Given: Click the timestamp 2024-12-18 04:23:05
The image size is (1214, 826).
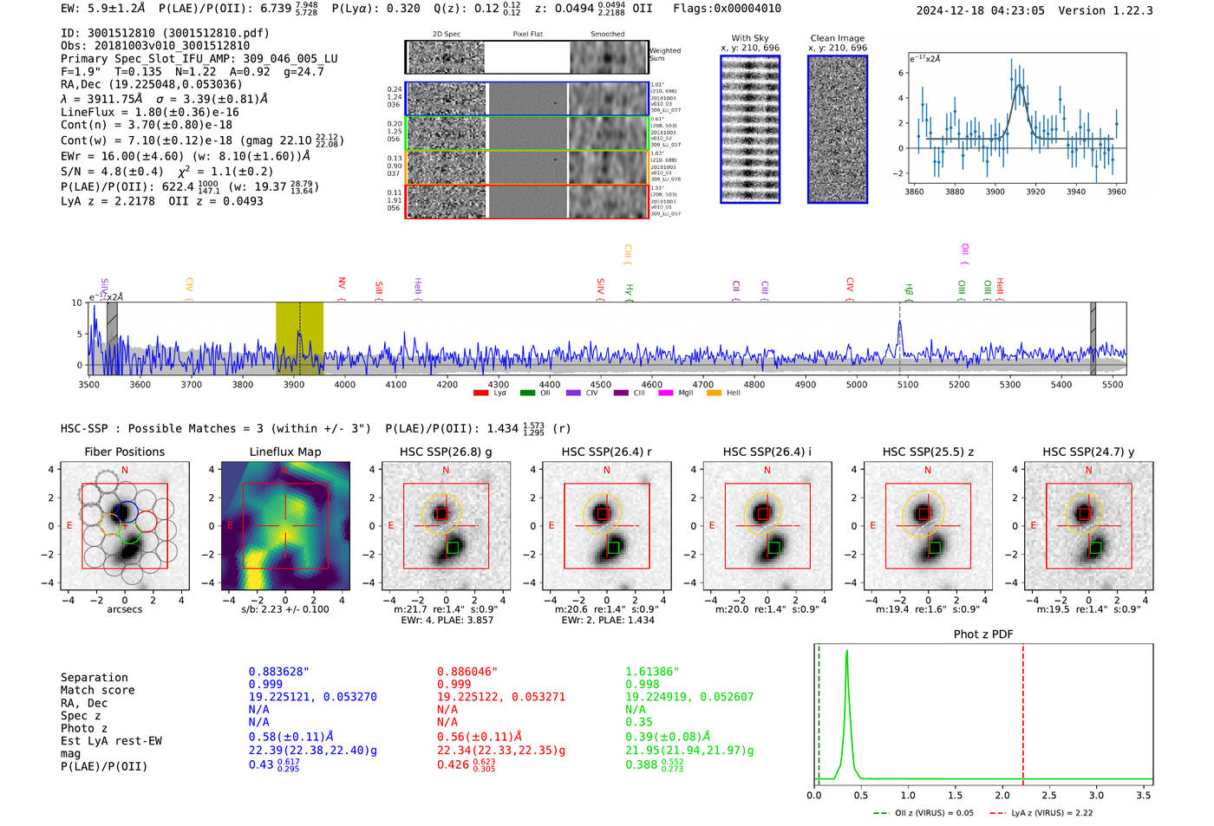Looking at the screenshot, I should (980, 10).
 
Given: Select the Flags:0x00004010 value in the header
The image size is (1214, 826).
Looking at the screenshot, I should (727, 9).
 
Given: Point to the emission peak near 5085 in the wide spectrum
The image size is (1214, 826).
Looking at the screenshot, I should (900, 325).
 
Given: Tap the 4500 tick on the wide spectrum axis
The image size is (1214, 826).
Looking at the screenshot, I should (600, 384).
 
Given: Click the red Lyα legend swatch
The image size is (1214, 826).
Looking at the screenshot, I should (480, 393).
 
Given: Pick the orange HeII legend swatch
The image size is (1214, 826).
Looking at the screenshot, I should (714, 393).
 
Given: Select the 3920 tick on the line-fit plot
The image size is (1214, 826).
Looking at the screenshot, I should (1035, 192).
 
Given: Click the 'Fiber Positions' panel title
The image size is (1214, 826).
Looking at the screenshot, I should (124, 452).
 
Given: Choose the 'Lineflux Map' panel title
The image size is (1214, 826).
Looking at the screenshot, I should (284, 452).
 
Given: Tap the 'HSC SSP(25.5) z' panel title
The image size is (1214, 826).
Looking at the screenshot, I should (928, 452).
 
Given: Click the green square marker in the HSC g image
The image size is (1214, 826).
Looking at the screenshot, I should (453, 548).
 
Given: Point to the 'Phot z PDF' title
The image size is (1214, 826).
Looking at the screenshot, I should (983, 634).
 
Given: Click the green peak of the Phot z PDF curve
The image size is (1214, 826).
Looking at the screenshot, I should (846, 652).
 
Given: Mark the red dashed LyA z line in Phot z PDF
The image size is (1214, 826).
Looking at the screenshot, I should (1023, 711).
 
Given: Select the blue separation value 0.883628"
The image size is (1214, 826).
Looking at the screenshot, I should (278, 672).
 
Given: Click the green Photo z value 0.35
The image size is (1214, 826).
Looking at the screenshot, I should (638, 722).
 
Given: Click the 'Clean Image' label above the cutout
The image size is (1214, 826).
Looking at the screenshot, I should (837, 38).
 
